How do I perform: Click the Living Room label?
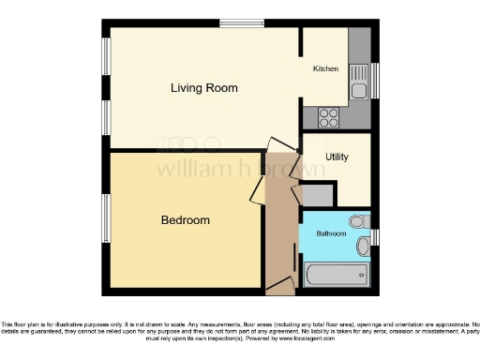(x=203, y=88)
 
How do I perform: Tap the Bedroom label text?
(x=185, y=220)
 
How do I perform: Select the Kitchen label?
(x=325, y=68)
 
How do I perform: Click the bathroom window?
(x=375, y=234)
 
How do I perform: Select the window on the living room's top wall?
(x=241, y=23)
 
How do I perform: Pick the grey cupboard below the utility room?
(x=319, y=195)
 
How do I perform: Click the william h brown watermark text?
(x=239, y=170)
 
